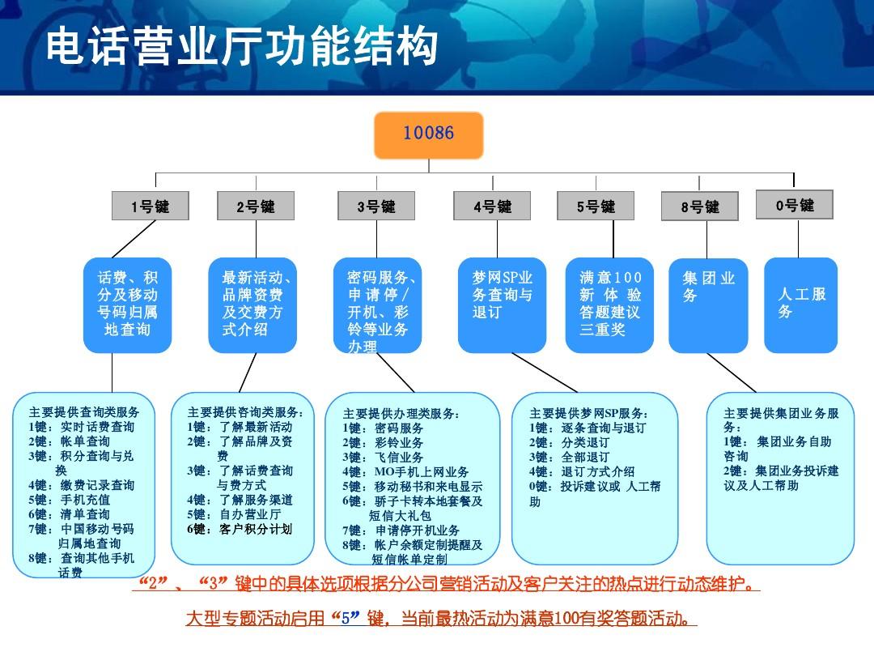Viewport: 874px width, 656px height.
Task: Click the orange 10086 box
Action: (428, 134)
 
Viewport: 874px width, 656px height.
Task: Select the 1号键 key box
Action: (151, 207)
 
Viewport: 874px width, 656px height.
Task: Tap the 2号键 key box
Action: (256, 207)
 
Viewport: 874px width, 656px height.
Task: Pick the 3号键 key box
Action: (376, 207)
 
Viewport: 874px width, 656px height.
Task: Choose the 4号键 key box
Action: (493, 207)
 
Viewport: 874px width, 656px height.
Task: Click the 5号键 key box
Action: (596, 207)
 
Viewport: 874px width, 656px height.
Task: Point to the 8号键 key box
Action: (700, 207)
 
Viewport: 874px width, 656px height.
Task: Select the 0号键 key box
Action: (794, 205)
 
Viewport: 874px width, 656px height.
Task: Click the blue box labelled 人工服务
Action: (800, 305)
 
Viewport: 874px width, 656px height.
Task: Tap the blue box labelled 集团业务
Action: (708, 305)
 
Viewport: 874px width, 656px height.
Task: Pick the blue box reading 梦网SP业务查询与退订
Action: (502, 305)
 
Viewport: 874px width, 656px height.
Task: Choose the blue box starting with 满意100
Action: (609, 305)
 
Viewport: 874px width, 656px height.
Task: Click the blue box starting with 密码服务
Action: (378, 305)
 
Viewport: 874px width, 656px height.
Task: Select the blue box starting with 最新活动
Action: (252, 305)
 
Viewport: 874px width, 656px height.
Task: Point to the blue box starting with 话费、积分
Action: (128, 305)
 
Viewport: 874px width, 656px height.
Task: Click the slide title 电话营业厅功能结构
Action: (241, 47)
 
